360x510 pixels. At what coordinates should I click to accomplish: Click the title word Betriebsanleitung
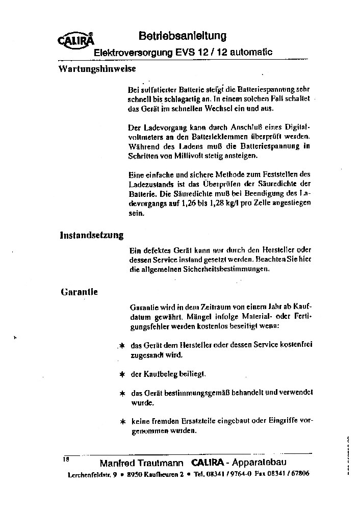[x=182, y=36]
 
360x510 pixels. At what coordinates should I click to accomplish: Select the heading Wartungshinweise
[x=97, y=68]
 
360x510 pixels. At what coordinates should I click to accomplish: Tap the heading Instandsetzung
[x=92, y=235]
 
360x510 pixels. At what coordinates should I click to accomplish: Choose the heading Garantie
[x=79, y=292]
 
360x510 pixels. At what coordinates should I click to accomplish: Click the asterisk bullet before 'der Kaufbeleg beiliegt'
[x=122, y=374]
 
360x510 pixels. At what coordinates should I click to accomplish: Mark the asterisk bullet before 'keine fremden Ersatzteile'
[x=122, y=422]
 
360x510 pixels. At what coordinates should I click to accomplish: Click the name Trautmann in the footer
[x=163, y=463]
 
